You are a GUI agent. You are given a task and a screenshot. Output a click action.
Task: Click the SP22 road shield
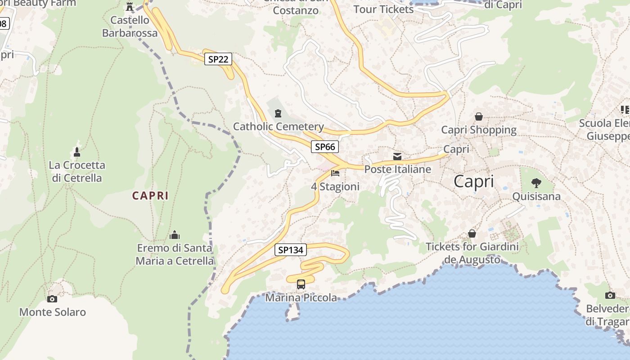(218, 59)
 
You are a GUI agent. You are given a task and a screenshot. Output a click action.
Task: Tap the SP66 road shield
(324, 146)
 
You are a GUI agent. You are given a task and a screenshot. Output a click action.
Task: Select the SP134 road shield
(290, 250)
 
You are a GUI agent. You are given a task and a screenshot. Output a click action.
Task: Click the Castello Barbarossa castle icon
(130, 7)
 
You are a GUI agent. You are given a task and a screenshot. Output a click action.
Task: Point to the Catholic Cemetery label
(278, 126)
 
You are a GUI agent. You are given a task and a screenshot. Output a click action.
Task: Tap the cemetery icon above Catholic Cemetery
(278, 113)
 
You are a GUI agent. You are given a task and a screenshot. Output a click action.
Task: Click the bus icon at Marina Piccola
(301, 284)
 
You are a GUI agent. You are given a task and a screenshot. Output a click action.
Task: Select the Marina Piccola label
(301, 297)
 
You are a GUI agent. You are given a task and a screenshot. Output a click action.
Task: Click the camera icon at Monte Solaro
(52, 299)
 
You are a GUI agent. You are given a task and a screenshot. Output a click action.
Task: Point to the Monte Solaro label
(52, 312)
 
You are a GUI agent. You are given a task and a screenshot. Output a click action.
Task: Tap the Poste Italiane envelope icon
(397, 157)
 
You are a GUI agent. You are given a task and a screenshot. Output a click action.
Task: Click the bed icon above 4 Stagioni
(335, 173)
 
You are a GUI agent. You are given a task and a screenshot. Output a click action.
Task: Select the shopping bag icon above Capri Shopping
(479, 117)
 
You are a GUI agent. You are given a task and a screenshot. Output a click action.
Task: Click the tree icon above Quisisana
(536, 183)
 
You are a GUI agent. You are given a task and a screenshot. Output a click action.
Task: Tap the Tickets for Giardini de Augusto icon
(472, 234)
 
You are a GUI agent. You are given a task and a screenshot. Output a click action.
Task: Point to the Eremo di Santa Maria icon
(175, 235)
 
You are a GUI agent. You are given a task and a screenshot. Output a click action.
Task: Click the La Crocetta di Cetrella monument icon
(77, 152)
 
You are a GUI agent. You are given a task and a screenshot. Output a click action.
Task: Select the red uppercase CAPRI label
(150, 196)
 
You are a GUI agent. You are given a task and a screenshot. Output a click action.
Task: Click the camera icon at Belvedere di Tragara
(610, 295)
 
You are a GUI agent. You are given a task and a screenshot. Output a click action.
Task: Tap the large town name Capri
(473, 181)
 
